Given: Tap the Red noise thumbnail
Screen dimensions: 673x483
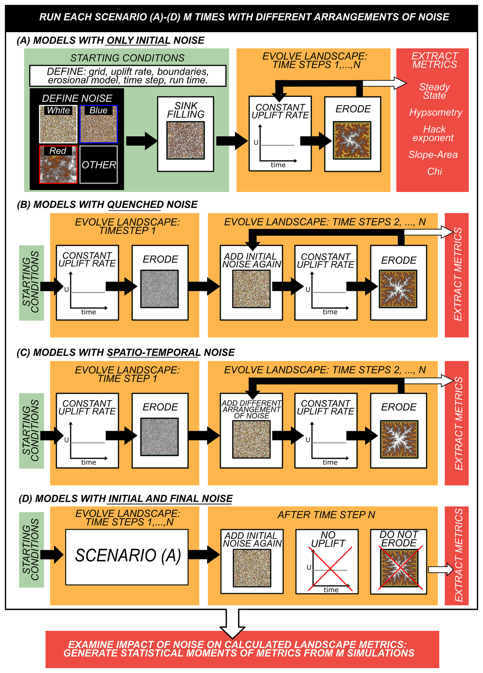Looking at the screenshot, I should click(58, 164).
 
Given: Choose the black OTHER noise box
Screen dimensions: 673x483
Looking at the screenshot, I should click(99, 164).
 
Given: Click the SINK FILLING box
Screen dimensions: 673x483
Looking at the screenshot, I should click(185, 134).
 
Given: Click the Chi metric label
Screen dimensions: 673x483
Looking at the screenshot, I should click(434, 172).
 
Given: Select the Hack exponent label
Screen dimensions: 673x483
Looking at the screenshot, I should click(434, 134).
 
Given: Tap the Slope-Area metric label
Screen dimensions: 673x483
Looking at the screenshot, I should click(433, 155).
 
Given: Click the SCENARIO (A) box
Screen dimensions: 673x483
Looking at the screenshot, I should click(127, 557).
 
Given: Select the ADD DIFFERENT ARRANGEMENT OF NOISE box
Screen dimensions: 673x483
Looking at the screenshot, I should click(251, 431).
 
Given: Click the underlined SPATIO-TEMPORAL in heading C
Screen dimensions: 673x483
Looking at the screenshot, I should click(154, 352).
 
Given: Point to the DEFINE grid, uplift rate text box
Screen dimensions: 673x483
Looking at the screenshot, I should click(128, 76).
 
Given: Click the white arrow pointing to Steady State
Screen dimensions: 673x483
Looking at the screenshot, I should click(384, 83).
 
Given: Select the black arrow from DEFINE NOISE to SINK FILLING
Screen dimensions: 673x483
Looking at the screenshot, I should click(141, 141).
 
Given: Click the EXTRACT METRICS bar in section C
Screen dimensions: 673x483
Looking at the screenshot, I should click(457, 423).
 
